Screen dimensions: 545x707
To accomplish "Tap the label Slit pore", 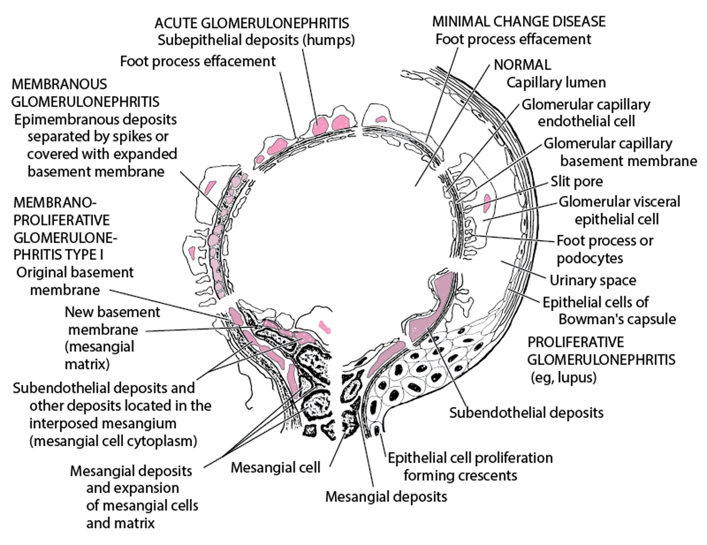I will tap(577, 182).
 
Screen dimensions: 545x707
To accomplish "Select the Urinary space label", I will tap(593, 281).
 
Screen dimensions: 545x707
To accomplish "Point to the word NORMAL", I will tap(522, 65).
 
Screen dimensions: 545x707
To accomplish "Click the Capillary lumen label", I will tap(556, 82).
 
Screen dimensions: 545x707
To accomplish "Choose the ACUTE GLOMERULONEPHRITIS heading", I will tap(252, 23).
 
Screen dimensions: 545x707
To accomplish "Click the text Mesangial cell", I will tap(275, 468).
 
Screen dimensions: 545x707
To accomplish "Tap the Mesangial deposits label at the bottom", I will tap(386, 497).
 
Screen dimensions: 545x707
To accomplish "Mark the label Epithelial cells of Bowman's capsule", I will tap(609, 311).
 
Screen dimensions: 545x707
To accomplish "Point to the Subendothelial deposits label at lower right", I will tap(526, 413).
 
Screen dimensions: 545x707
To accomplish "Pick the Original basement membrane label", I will tap(75, 281).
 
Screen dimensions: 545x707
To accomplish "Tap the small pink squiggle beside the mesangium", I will tap(324, 327).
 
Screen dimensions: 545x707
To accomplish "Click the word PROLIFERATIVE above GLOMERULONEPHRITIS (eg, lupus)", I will tap(576, 342).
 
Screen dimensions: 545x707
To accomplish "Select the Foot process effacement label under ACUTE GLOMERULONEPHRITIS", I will tap(198, 61).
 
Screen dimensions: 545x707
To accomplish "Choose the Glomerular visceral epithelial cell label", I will tap(619, 211).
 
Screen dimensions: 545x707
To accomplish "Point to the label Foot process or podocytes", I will tap(604, 249).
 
